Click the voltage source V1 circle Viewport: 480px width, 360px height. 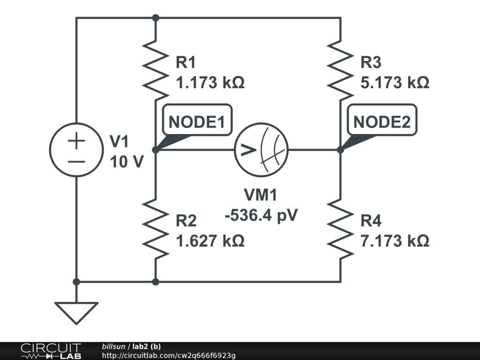tap(76, 150)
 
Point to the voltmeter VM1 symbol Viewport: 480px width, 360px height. tap(261, 150)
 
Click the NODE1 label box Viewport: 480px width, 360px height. tap(197, 122)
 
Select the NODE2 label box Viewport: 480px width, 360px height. tap(382, 122)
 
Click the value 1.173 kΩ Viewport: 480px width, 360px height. tap(210, 83)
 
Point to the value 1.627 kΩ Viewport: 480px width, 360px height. tap(210, 241)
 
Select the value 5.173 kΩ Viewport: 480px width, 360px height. tap(395, 83)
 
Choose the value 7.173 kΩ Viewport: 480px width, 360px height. tap(395, 241)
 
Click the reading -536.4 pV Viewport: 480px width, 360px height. tap(261, 216)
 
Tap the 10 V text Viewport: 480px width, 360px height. tap(127, 162)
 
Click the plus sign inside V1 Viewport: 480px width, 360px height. tap(76, 140)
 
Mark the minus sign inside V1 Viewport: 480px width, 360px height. tap(76, 161)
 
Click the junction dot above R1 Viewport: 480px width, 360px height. tap(156, 18)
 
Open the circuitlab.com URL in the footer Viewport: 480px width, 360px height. tap(169, 355)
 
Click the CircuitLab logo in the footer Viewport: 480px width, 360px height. tap(51, 351)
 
